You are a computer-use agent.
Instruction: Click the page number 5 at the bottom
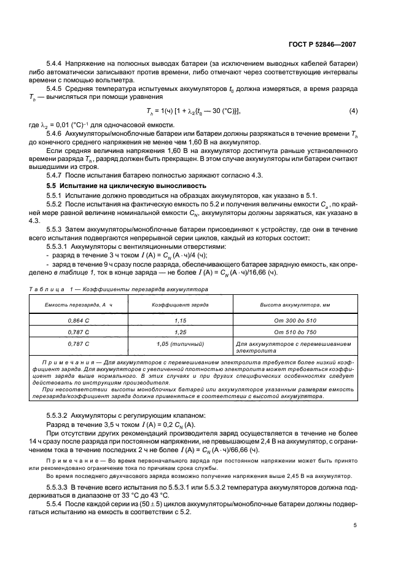click(x=355, y=525)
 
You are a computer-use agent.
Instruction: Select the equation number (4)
click(x=353, y=111)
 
